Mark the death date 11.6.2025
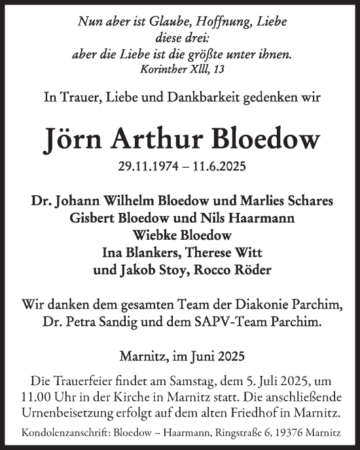coord(217,168)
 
